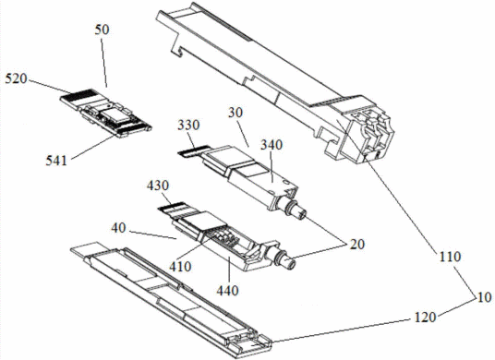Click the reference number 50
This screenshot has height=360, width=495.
102,30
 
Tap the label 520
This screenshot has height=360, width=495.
16,78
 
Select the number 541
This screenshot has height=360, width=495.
56,161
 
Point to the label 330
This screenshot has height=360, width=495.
188,126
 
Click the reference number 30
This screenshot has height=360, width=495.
235,113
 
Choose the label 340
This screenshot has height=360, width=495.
272,145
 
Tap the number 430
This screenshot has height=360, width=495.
158,186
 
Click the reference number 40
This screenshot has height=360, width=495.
118,228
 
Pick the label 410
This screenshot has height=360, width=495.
180,267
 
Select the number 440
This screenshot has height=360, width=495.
227,290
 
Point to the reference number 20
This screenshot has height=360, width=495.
356,245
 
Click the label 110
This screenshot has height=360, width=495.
451,257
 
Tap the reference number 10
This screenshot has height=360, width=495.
484,297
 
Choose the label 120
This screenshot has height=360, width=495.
425,318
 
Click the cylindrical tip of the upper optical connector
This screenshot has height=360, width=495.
300,213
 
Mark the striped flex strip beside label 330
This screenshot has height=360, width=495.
194,150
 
